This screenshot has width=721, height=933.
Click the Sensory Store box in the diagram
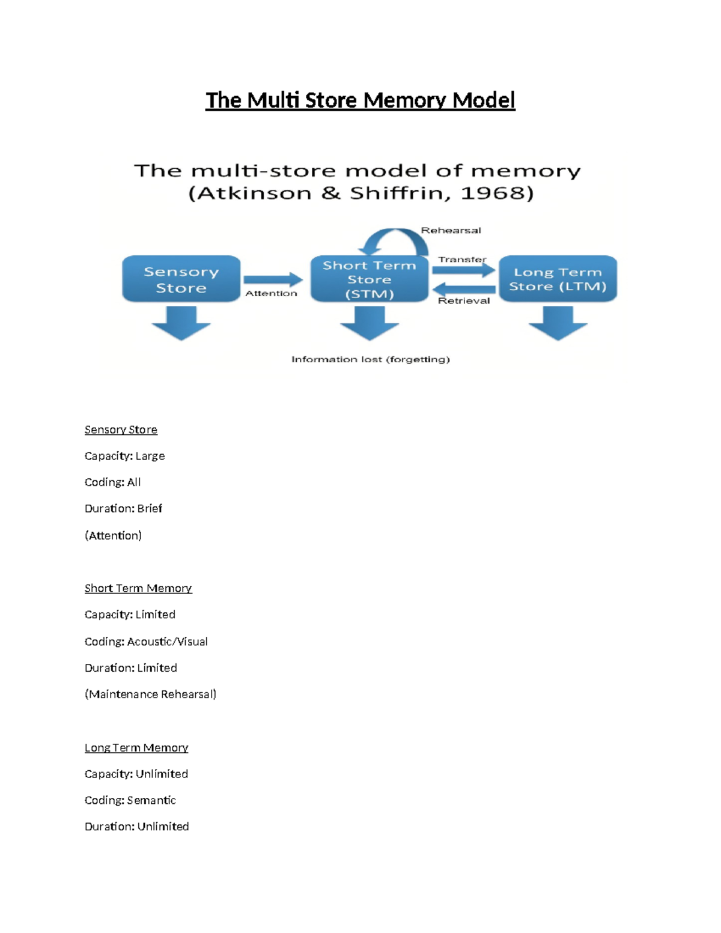pos(181,279)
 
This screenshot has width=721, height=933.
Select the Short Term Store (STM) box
pos(369,279)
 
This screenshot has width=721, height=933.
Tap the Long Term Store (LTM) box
pos(558,279)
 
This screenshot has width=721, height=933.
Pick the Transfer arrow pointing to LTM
pos(463,270)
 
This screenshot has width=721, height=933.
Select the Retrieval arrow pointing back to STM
pos(463,289)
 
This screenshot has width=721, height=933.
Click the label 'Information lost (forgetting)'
pos(370,359)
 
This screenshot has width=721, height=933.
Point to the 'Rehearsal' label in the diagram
pos(451,230)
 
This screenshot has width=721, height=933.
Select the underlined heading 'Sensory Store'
pos(121,430)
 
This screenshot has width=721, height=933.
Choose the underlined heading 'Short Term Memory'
pos(138,588)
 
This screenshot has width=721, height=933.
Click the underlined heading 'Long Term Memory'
pos(136,747)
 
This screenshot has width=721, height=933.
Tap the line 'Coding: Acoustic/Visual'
pos(146,642)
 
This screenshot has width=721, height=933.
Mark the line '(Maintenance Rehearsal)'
pos(150,694)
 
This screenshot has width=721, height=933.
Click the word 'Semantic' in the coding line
pos(151,800)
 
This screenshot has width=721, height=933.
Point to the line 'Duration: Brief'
pos(123,508)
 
